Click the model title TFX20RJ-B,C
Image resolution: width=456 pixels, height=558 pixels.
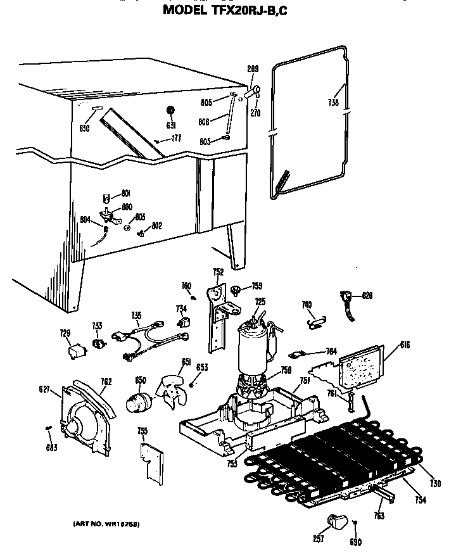pyautogui.click(x=227, y=10)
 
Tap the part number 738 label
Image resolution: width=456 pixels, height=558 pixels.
pyautogui.click(x=333, y=102)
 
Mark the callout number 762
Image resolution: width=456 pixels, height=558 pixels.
pyautogui.click(x=106, y=381)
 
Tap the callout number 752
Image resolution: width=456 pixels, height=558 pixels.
pyautogui.click(x=218, y=273)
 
